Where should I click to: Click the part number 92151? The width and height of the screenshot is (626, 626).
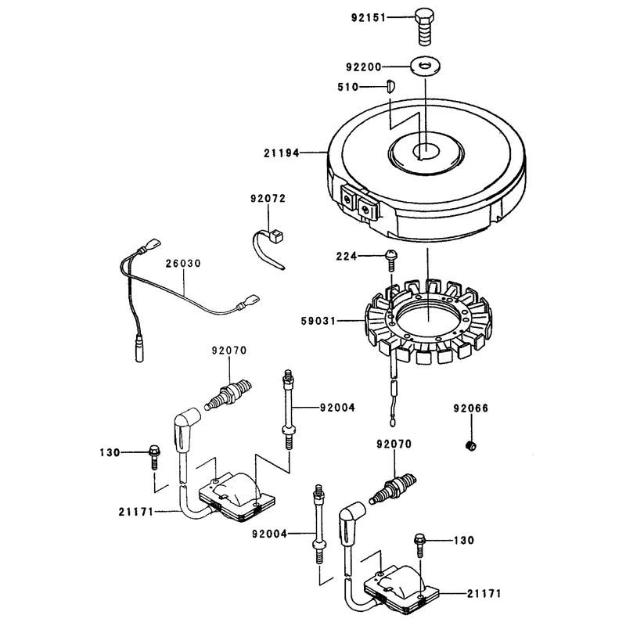[x=369, y=18]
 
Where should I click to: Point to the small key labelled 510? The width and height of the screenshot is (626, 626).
[x=390, y=86]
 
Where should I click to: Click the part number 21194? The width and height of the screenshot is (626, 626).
[x=281, y=153]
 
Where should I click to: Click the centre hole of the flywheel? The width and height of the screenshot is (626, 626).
[x=426, y=152]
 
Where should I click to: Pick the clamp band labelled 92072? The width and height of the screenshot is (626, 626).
[x=268, y=247]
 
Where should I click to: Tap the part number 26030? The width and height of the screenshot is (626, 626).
[x=183, y=264]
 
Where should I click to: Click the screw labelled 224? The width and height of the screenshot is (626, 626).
[x=391, y=260]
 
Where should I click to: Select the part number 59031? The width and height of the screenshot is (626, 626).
[x=318, y=321]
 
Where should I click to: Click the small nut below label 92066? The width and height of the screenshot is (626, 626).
[x=471, y=445]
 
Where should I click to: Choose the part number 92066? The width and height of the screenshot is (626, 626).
[x=471, y=408]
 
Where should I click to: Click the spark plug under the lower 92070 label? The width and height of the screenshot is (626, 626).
[x=393, y=487]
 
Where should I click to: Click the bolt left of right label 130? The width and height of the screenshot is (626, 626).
[x=420, y=545]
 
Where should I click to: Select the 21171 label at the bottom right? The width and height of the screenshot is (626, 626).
[x=484, y=594]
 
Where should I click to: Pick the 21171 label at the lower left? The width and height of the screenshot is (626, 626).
[x=135, y=512]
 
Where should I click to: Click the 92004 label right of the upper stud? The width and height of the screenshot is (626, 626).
[x=337, y=408]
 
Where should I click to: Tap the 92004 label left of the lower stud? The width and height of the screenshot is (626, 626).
[x=269, y=534]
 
